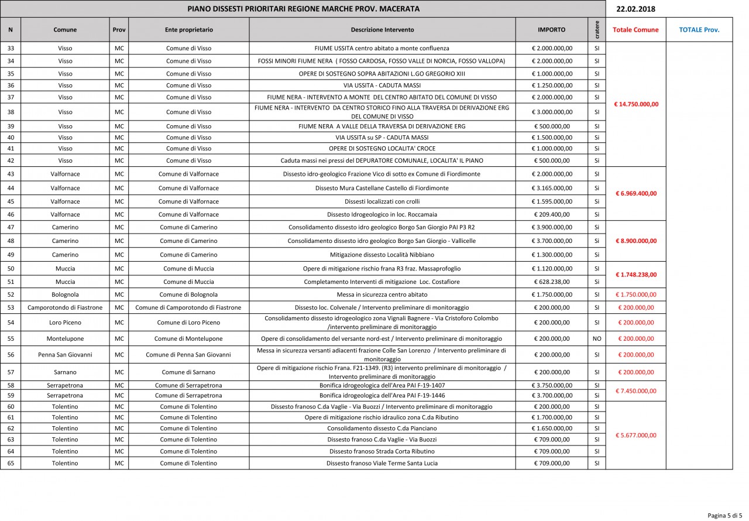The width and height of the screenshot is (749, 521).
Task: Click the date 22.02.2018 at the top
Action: [636, 9]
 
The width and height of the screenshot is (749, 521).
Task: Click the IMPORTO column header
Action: [551, 30]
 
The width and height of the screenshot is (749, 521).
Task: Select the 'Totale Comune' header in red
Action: [635, 30]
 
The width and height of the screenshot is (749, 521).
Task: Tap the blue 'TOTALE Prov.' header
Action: [699, 30]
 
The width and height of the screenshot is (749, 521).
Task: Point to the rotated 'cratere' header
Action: [596, 30]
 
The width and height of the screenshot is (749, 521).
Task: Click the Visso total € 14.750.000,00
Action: [635, 104]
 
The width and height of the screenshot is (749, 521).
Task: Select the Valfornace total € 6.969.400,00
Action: [635, 194]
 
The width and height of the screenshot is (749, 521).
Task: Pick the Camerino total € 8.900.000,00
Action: [635, 241]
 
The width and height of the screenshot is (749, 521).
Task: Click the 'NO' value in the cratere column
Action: [596, 339]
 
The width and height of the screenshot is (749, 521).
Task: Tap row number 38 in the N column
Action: [11, 112]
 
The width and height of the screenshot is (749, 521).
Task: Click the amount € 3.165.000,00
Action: [552, 188]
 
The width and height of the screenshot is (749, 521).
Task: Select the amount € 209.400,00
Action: [552, 214]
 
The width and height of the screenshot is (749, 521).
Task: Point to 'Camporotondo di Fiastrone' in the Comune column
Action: [65, 307]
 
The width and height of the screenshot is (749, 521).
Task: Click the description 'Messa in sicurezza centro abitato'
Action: [382, 294]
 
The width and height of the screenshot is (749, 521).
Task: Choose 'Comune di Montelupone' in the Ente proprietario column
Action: [188, 339]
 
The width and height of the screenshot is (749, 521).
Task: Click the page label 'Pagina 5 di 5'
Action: [724, 515]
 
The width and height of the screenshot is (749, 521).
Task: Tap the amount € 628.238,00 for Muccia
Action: [552, 282]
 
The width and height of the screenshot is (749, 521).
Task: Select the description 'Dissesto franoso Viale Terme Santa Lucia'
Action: [382, 463]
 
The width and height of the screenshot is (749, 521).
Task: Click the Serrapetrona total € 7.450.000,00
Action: [635, 391]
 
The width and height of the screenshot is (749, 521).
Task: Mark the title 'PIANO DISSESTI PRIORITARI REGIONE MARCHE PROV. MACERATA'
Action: [303, 9]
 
